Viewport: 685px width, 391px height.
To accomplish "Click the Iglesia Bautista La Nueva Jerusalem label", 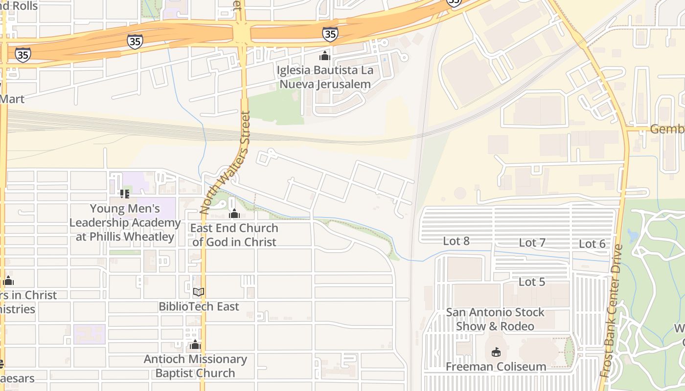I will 325,77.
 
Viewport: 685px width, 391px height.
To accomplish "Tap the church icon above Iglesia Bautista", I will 325,56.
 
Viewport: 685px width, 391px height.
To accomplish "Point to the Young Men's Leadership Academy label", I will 125,223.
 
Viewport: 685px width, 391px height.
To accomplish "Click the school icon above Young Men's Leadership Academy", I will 125,194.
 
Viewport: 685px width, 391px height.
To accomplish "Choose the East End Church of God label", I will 234,235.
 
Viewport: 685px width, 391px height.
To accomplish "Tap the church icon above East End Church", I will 234,214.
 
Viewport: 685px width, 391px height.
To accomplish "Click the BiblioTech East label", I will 199,306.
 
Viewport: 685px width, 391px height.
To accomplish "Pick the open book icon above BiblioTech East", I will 198,292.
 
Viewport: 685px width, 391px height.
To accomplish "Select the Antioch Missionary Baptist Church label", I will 195,366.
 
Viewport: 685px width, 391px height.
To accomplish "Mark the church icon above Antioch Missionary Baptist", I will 195,345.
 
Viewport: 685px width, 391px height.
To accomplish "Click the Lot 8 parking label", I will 456,241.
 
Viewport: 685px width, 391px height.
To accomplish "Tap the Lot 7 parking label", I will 532,242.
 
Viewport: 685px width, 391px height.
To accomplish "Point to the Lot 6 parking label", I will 592,244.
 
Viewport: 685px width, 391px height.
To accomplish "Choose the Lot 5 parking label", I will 532,282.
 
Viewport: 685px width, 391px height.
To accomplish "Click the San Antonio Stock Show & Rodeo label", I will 495,319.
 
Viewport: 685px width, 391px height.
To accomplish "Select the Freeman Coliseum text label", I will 496,367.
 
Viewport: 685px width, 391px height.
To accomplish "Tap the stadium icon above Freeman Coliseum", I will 496,352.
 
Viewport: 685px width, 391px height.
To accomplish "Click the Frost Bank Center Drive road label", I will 611,311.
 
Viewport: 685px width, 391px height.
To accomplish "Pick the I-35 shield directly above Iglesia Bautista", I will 330,34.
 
